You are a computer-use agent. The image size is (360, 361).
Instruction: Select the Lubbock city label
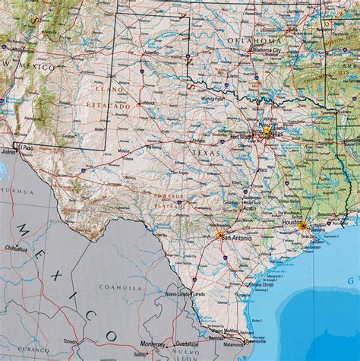click(x=146, y=102)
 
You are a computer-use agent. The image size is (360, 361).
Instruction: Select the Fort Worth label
click(x=241, y=136)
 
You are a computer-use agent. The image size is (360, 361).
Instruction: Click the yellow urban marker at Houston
click(x=302, y=226)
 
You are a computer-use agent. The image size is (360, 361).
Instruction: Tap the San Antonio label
click(x=235, y=238)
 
